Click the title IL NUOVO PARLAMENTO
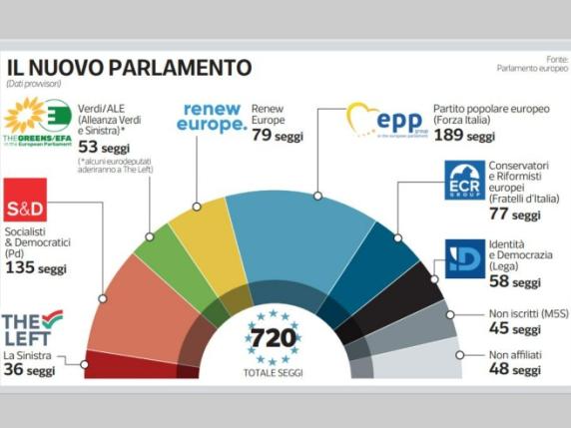click(x=129, y=68)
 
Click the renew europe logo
click(x=211, y=118)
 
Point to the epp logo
click(x=385, y=121)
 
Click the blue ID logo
click(x=464, y=257)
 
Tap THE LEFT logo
click(x=32, y=328)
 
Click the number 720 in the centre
click(x=273, y=337)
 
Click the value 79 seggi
click(x=277, y=136)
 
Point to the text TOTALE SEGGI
click(x=273, y=372)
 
